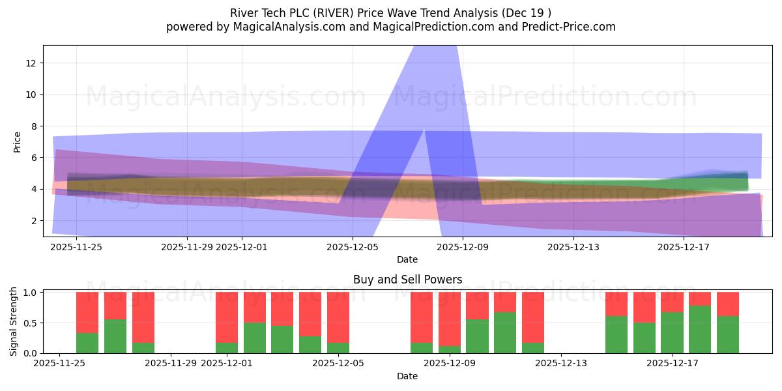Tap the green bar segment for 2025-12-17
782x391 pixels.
[x=672, y=332]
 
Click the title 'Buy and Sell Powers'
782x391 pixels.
[x=407, y=280]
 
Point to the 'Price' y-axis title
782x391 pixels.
[x=18, y=141]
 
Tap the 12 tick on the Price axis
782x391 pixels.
[x=31, y=63]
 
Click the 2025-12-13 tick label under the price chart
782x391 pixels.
[x=573, y=247]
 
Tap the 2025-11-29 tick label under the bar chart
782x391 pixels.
[x=171, y=363]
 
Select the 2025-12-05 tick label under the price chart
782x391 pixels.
[x=353, y=247]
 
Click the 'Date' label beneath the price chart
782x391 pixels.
[x=407, y=259]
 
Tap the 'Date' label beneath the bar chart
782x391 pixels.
[x=407, y=376]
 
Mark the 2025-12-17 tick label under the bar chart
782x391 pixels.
[x=672, y=363]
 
